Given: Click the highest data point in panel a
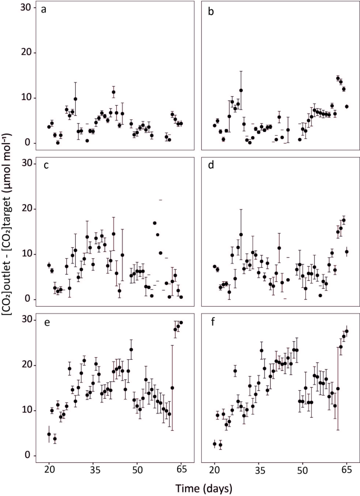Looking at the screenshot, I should [114, 92].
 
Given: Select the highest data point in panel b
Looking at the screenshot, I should [338, 78].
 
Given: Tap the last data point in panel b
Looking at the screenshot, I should [347, 107].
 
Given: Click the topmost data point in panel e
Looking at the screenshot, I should [181, 322].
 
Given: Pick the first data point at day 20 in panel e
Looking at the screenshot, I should [49, 434].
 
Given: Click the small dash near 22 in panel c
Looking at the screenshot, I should [161, 200].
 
